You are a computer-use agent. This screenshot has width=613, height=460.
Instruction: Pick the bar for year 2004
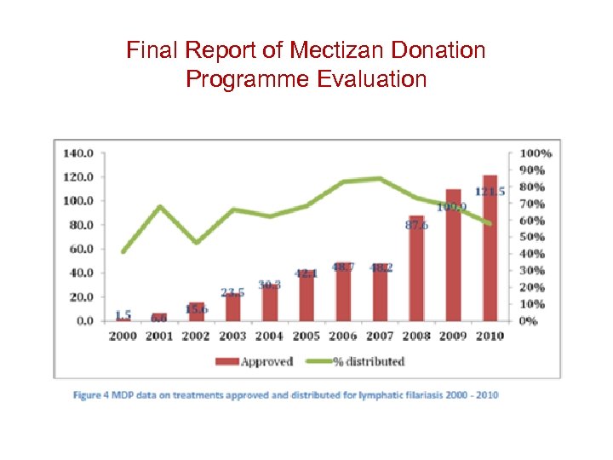tap(270, 302)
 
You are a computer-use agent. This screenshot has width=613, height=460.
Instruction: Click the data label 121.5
tap(490, 192)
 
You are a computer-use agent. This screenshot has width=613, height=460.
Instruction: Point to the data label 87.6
tap(416, 226)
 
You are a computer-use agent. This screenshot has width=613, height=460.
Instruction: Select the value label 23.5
tap(232, 292)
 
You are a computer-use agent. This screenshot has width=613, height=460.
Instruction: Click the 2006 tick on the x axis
tap(343, 336)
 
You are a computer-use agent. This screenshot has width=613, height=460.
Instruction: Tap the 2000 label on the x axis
tap(123, 336)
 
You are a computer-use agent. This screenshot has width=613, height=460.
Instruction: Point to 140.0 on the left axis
tap(79, 153)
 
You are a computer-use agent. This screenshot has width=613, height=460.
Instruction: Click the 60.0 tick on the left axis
tap(82, 250)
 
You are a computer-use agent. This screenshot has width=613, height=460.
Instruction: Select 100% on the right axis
tap(536, 153)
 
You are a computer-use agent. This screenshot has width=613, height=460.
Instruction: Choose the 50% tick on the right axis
tap(533, 237)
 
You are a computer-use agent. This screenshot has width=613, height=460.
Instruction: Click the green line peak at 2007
tap(380, 179)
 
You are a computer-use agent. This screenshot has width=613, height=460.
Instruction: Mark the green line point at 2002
tap(196, 243)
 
